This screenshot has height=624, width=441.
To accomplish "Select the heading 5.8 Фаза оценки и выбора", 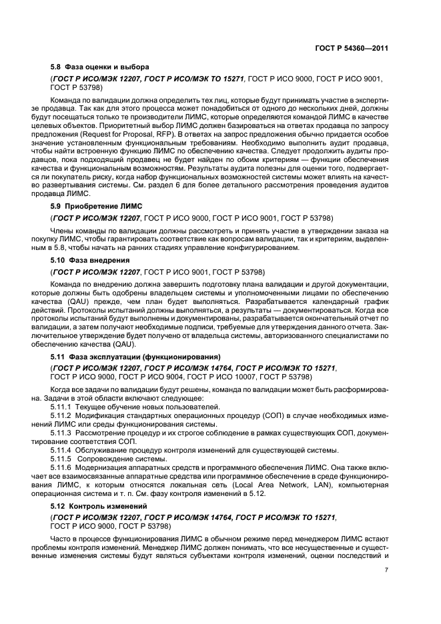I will (x=100, y=67).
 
